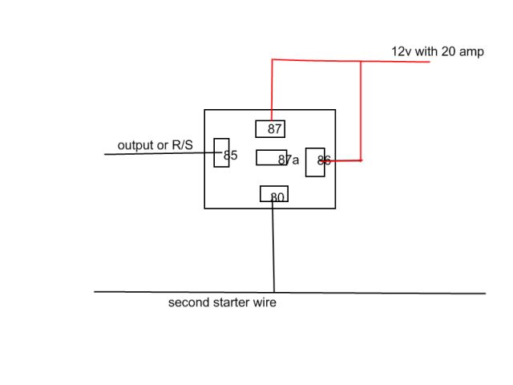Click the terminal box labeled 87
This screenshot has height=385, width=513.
point(270,128)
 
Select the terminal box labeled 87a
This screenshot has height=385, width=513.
point(272,157)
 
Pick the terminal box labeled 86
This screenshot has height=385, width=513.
point(315,161)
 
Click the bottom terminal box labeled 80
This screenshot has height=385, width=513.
point(274,194)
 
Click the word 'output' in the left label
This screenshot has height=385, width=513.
point(135,145)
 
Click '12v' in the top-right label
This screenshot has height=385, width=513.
point(401,51)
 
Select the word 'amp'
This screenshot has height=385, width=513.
point(471,52)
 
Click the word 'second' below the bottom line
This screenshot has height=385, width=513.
point(188,303)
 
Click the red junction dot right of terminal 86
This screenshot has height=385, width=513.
point(361,160)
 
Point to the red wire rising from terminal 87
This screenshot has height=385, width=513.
point(273,88)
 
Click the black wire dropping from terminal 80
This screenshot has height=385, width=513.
point(273,241)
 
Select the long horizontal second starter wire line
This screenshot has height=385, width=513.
point(385,293)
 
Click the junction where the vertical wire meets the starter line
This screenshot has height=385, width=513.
point(274,292)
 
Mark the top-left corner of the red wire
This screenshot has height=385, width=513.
point(273,59)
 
